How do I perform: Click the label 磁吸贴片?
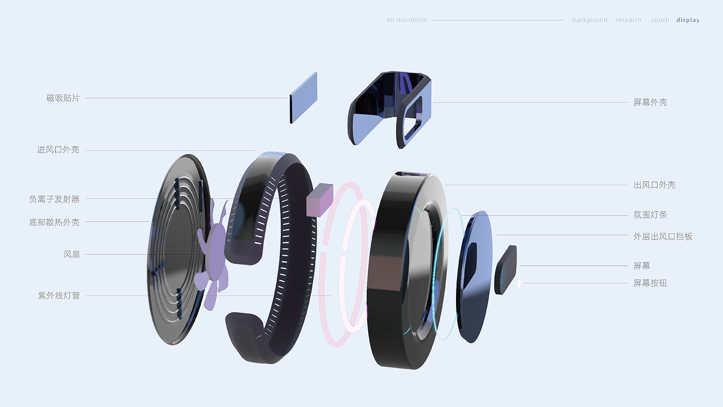63,98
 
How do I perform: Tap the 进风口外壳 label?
58,150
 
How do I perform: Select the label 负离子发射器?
54,199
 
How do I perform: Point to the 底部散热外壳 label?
54,223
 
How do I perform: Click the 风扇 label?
71,254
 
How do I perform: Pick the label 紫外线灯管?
59,295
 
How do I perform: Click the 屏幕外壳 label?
650,102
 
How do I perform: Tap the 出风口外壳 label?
655,185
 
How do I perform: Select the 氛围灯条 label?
650,215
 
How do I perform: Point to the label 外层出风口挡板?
663,237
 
